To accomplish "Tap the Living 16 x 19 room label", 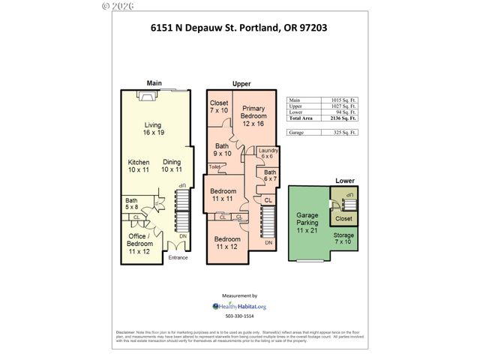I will tap(154, 129).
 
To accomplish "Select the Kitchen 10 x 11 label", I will tap(139, 166).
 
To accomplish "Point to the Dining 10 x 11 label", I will tap(172, 166).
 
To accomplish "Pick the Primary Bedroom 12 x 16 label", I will tap(254, 115).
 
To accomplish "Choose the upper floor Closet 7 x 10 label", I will tap(219, 106).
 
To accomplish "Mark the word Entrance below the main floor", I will tap(178, 258).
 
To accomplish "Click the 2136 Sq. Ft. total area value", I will tap(343, 118).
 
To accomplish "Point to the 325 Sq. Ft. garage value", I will tap(343, 133).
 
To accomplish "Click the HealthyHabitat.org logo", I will tap(239, 306).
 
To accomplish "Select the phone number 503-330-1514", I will tap(239, 317).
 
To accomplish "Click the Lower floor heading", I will tap(344, 181).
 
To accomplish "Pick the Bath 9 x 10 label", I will tap(223, 149).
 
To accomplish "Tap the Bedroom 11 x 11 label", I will tap(223, 194).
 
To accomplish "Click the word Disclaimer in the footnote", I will tap(125, 331).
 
